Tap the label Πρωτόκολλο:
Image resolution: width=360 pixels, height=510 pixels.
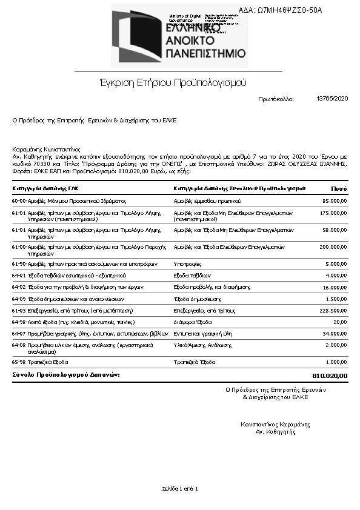click(276, 99)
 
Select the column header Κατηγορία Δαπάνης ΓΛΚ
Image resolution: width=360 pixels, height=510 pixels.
click(45, 188)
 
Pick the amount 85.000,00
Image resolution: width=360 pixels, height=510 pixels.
click(335, 200)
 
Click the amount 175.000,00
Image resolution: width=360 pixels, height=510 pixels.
click(333, 213)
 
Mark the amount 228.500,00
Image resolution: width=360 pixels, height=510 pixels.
click(333, 310)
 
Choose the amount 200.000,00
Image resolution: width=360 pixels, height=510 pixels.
click(333, 247)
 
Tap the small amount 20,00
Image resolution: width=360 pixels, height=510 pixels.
click(341, 322)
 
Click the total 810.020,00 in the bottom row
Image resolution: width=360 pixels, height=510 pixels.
click(330, 376)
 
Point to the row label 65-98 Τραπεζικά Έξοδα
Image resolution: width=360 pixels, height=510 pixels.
click(40, 362)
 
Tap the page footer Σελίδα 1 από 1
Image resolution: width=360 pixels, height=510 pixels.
click(180, 488)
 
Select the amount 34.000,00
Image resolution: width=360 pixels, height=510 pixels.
click(335, 333)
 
